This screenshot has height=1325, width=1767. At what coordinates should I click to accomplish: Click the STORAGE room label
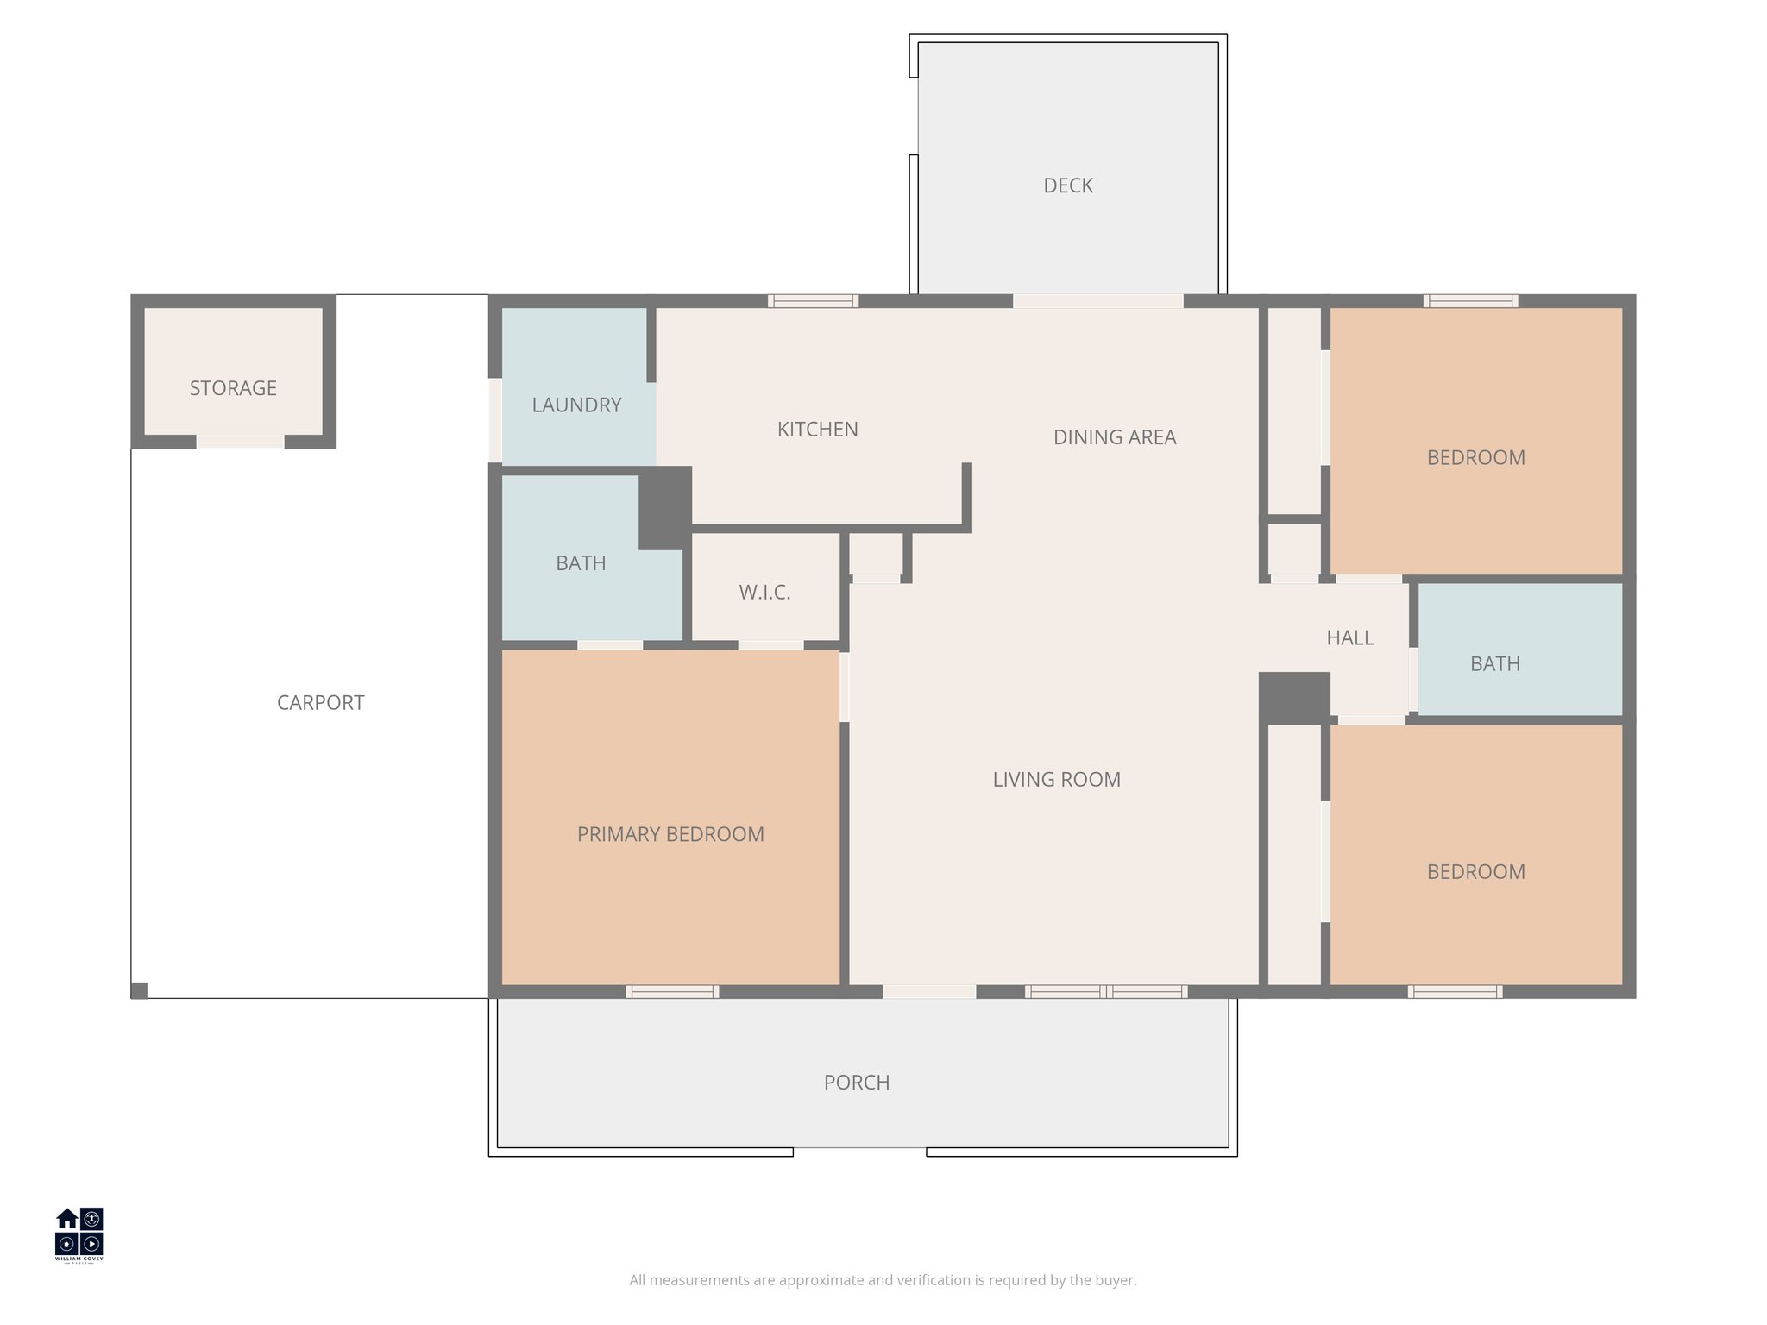tap(233, 388)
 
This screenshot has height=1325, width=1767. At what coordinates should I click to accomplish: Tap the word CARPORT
tap(320, 702)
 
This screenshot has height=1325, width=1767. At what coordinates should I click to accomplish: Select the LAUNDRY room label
tap(576, 405)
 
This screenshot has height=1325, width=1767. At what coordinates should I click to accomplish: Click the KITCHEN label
tap(817, 429)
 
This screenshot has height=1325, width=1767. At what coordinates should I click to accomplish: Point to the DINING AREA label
tap(1114, 437)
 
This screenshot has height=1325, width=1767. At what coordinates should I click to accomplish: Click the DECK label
tap(1067, 185)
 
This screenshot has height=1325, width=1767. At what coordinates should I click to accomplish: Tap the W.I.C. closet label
tap(764, 593)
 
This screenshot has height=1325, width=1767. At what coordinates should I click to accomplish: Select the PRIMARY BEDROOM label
tap(670, 834)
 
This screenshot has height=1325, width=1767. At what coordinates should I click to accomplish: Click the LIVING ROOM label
tap(1056, 779)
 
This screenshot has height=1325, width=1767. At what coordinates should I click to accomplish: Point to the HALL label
tap(1349, 637)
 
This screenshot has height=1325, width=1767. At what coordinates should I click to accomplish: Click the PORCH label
tap(856, 1082)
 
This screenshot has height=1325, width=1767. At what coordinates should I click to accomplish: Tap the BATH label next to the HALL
tap(1494, 663)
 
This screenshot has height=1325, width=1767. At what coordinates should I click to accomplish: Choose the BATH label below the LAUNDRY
tap(581, 563)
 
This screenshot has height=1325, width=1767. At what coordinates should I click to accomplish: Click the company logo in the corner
tap(79, 1234)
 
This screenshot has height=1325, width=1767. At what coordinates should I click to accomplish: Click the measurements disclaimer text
tap(883, 1280)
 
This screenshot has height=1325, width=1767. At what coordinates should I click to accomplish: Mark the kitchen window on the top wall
tap(813, 301)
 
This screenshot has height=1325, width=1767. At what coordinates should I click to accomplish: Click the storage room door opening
tap(240, 442)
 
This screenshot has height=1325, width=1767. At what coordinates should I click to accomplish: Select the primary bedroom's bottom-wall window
tap(672, 992)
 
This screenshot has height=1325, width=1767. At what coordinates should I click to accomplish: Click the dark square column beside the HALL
tap(1293, 697)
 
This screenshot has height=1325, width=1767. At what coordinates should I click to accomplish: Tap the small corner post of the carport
tap(139, 990)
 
